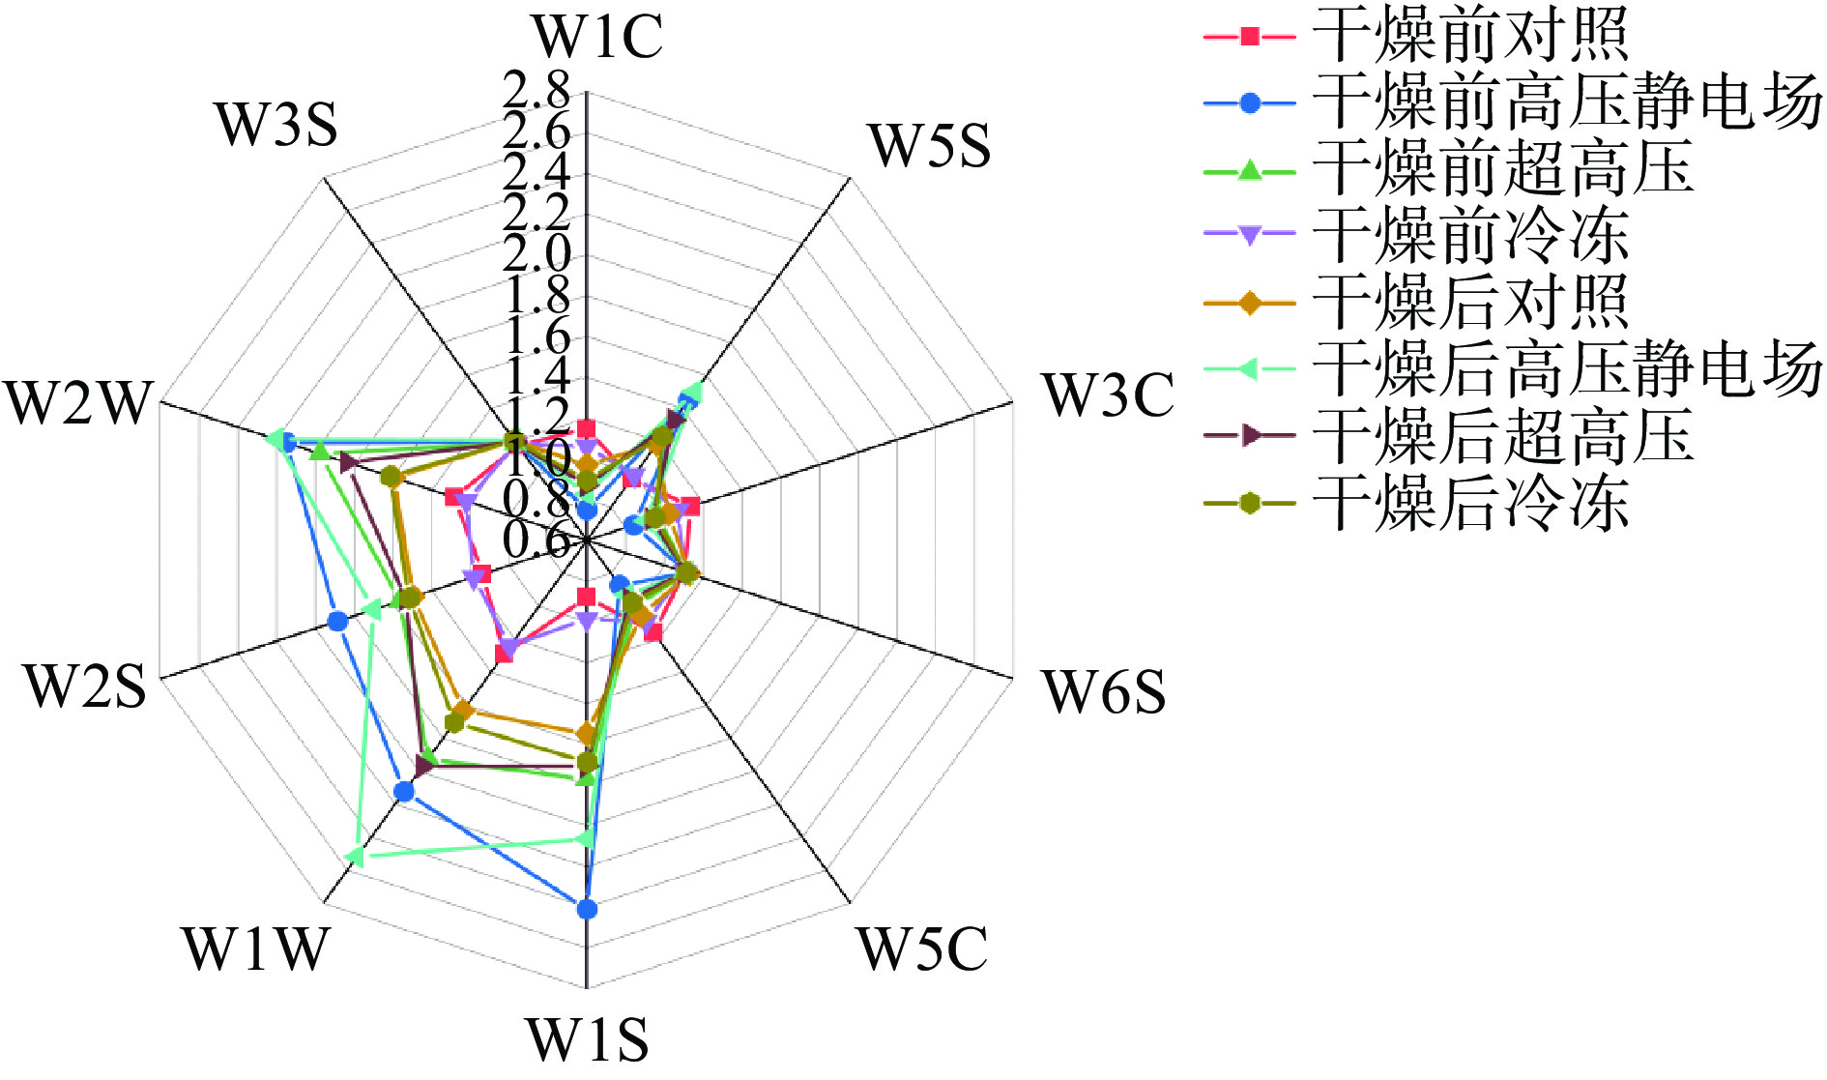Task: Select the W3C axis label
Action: click(1108, 395)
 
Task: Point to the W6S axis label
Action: click(1104, 692)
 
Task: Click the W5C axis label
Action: click(922, 949)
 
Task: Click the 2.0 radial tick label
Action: click(537, 254)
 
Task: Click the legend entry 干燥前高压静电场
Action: click(1566, 102)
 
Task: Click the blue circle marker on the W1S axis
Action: click(587, 909)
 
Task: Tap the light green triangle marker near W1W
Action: click(354, 857)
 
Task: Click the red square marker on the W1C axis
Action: click(586, 428)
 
